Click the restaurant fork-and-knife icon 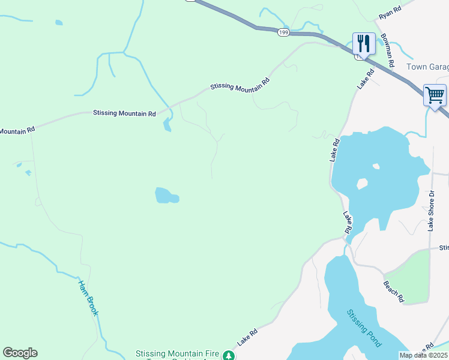363,44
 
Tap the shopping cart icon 435,95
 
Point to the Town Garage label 427,67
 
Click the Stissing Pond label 364,328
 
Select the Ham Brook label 88,298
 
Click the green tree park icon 228,356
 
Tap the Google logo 20,353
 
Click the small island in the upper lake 362,184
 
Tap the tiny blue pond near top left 58,23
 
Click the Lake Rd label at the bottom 247,336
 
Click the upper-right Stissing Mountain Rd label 240,85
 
